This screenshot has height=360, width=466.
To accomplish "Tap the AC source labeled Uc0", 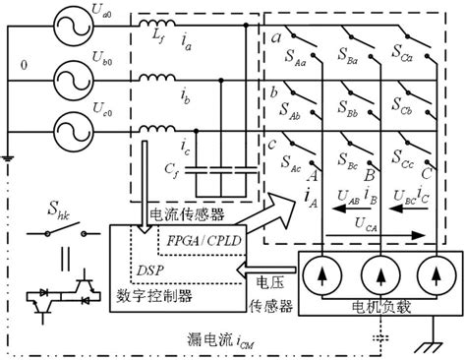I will [52, 129].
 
